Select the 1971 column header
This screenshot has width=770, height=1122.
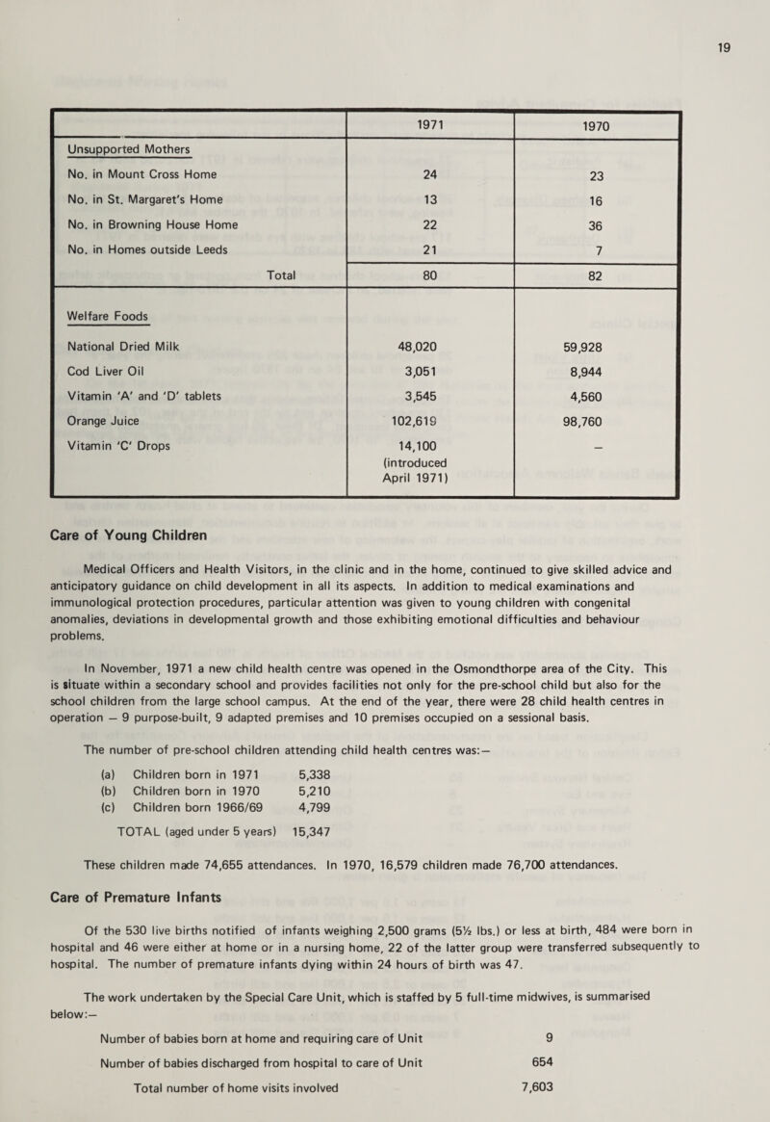point(430,125)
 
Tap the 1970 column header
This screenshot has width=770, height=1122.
point(597,126)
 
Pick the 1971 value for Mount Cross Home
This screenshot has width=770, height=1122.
point(430,174)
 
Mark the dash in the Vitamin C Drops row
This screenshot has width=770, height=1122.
point(599,446)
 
